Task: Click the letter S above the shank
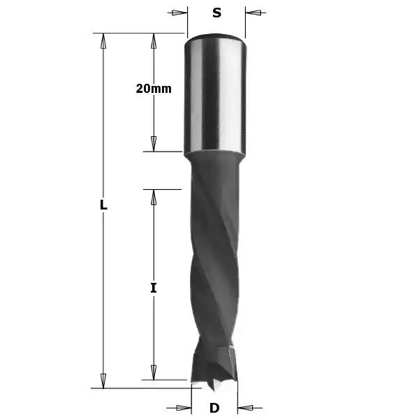[216, 13]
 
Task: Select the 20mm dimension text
[154, 89]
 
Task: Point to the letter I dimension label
[154, 287]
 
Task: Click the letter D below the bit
[214, 408]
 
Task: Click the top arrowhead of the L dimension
[103, 41]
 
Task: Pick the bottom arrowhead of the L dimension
[103, 380]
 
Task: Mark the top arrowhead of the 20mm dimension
[154, 41]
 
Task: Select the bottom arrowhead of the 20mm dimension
[154, 144]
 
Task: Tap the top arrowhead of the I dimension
[154, 197]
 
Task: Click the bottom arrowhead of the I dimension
[154, 372]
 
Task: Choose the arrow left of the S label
[180, 13]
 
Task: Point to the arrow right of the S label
[252, 13]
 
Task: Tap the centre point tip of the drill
[214, 385]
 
